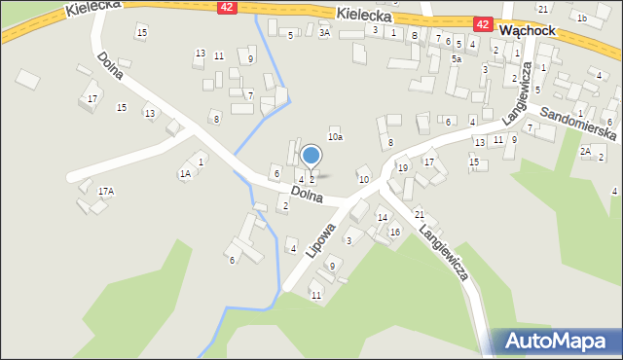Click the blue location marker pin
click(x=311, y=156)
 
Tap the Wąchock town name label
click(x=526, y=30)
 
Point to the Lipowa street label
click(x=319, y=239)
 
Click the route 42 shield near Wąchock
click(x=483, y=23)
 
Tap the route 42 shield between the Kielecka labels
click(x=227, y=7)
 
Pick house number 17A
click(x=105, y=192)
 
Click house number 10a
click(x=335, y=137)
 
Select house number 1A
click(x=185, y=174)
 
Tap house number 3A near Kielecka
click(x=324, y=32)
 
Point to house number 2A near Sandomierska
click(x=585, y=151)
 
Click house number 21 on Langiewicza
click(x=420, y=214)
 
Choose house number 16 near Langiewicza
click(x=394, y=232)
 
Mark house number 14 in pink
click(x=382, y=217)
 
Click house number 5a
click(x=457, y=58)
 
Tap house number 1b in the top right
click(x=581, y=18)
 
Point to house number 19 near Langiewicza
click(x=402, y=168)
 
